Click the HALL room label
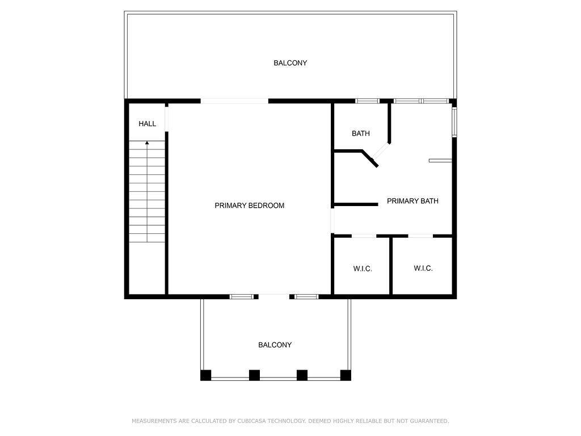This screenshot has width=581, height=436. [147, 124]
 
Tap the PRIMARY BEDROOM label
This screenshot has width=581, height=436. [250, 206]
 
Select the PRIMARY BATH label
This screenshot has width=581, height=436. [412, 201]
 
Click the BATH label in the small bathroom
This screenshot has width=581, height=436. [360, 133]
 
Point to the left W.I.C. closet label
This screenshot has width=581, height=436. [363, 269]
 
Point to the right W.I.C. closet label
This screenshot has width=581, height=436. [423, 269]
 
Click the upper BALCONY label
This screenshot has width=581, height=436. [290, 63]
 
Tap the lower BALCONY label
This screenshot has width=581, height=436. [275, 345]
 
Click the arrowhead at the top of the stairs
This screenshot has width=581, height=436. [147, 142]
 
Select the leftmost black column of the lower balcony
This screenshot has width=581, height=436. [205, 375]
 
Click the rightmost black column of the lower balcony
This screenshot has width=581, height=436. [346, 375]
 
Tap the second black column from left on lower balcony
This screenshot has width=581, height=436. [254, 375]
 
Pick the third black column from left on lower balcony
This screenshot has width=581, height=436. [302, 375]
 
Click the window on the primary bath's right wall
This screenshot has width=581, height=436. [454, 122]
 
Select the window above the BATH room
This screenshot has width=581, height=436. [367, 101]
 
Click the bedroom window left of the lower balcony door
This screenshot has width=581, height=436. [241, 296]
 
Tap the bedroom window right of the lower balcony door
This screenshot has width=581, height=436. [306, 296]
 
